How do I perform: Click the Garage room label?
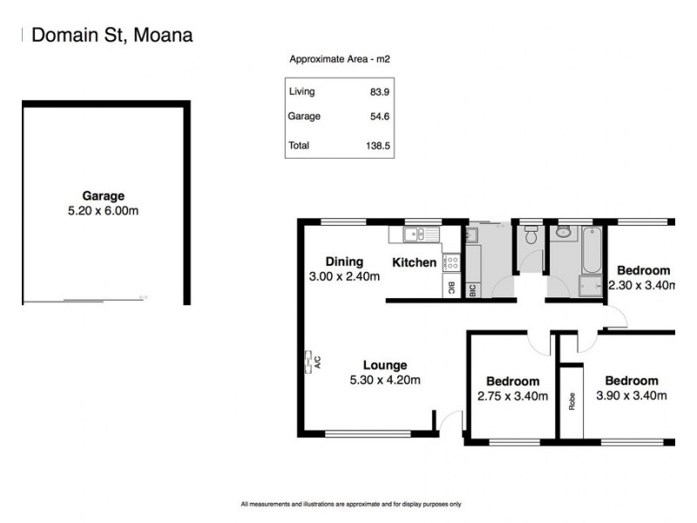point(104,196)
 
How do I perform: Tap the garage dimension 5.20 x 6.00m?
point(104,211)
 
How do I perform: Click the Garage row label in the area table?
point(304,116)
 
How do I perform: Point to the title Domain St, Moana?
point(112,35)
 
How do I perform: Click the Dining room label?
point(344,261)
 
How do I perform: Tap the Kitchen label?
point(414,262)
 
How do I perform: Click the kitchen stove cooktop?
point(451,261)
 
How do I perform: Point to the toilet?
point(530,236)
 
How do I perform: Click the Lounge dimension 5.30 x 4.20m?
point(385,380)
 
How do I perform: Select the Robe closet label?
point(572,402)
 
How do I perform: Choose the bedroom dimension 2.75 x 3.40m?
point(512,396)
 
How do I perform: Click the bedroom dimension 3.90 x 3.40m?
point(632,396)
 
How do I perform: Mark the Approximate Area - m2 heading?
point(340,59)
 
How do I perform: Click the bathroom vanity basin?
point(563,233)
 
